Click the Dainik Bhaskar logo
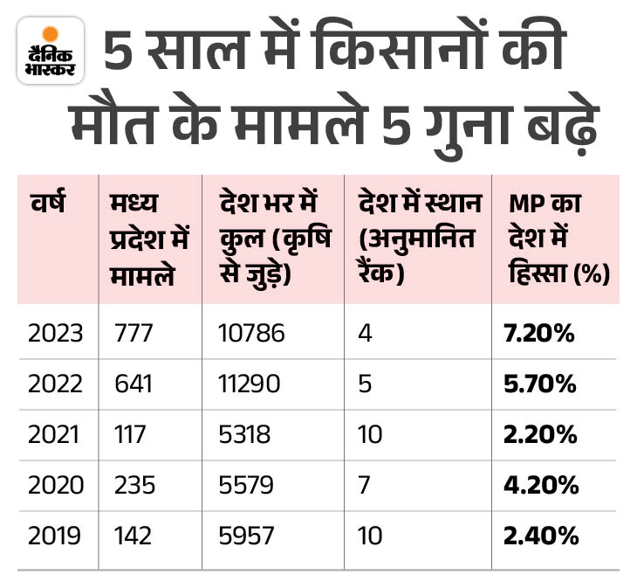click(51, 51)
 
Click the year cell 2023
click(54, 332)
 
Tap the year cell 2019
click(54, 535)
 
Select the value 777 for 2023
click(133, 332)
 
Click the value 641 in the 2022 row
click(133, 383)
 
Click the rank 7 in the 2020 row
click(364, 484)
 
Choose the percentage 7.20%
click(539, 332)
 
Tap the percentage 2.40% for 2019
click(539, 535)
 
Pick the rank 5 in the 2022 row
click(364, 383)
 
